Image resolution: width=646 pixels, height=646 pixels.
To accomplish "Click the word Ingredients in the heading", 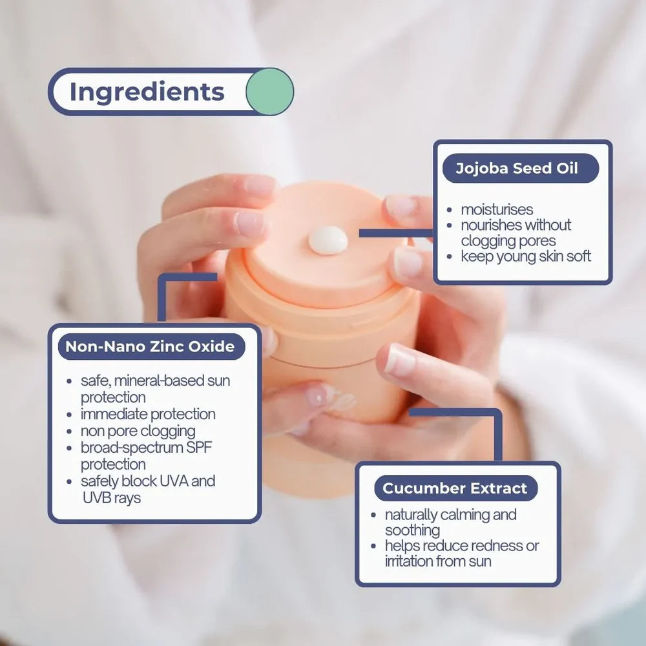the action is (x=147, y=92).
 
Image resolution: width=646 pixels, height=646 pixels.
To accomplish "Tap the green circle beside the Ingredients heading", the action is (x=270, y=92).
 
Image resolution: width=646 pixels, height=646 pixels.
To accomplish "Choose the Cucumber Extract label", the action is (x=455, y=488).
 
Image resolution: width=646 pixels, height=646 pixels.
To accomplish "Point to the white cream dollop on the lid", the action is (x=328, y=240).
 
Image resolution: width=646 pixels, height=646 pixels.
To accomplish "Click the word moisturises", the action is (x=497, y=209).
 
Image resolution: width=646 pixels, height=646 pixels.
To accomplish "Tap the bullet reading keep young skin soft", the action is (x=526, y=256).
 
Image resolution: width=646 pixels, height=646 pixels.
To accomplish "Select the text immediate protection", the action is (x=148, y=414).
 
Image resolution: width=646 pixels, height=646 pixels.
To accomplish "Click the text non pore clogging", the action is (x=138, y=432).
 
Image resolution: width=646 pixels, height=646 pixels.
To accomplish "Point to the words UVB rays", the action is (x=112, y=497).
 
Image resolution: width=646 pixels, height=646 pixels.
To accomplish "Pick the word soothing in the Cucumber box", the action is (x=412, y=530).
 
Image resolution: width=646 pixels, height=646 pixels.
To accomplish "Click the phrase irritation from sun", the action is (x=438, y=561).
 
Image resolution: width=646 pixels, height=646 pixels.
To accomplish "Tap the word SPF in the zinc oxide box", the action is (x=199, y=448).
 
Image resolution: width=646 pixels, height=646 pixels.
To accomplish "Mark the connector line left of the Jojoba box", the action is (x=396, y=233).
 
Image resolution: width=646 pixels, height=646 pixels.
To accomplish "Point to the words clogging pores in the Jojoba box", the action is (x=508, y=240).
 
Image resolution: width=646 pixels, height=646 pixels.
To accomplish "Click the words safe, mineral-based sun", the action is (x=155, y=380).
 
